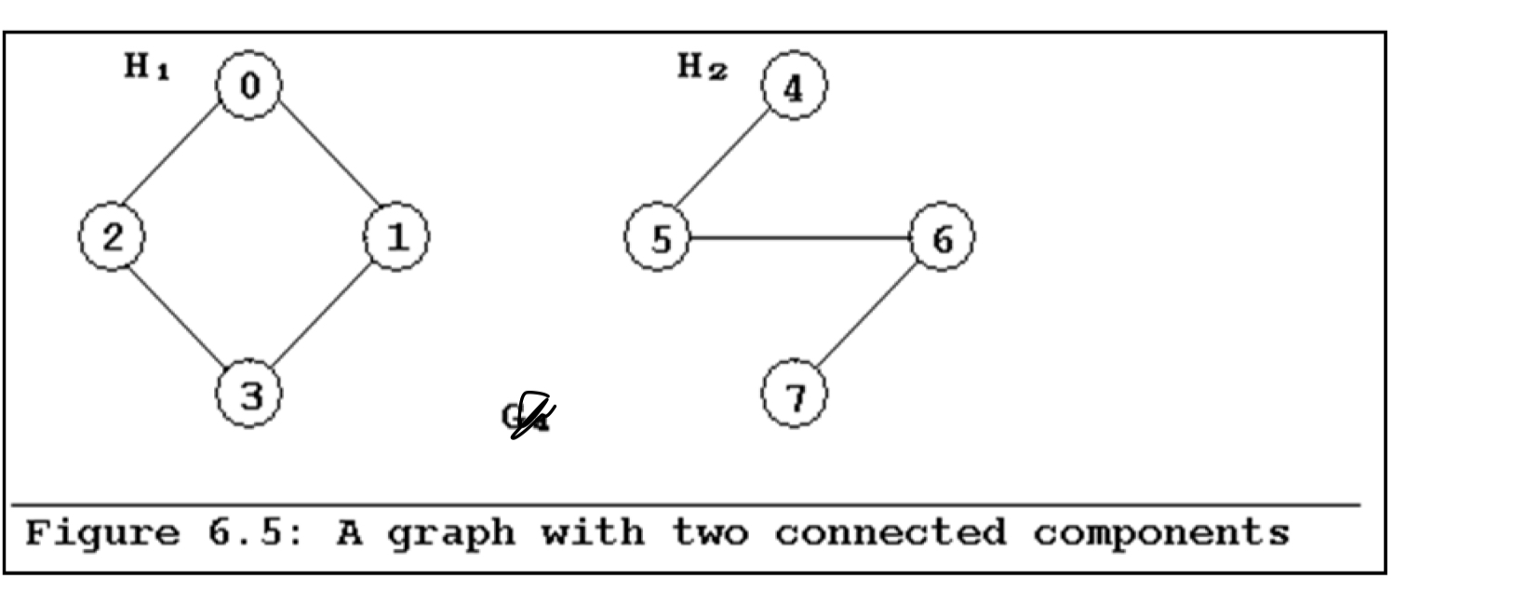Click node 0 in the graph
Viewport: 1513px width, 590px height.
click(248, 86)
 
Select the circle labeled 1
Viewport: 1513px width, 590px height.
click(396, 237)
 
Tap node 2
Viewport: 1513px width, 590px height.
click(112, 237)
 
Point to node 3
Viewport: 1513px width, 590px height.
click(249, 395)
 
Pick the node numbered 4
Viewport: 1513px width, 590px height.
click(794, 87)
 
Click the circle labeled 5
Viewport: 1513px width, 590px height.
click(659, 238)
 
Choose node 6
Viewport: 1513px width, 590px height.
click(942, 238)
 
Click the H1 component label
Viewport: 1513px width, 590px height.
click(147, 67)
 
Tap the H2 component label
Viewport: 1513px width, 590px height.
click(702, 67)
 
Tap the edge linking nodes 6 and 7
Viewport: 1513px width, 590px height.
click(866, 316)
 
